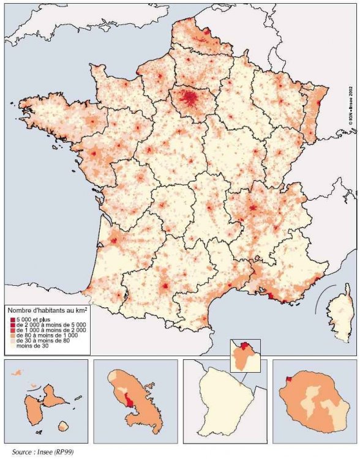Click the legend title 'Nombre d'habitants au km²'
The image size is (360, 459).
[46, 310]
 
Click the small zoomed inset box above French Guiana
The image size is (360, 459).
[244, 353]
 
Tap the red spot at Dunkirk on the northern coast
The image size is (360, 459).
[206, 31]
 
